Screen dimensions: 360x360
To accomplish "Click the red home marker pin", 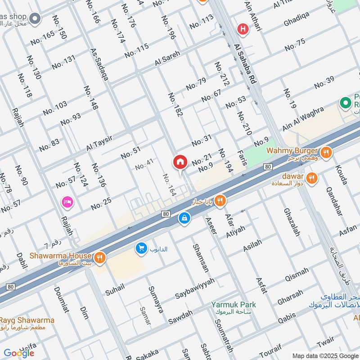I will tap(180, 162).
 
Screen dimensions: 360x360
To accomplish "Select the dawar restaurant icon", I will tap(312, 178).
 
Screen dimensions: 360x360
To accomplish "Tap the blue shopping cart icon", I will tap(141, 248).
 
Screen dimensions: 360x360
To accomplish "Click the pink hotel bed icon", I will tap(67, 202).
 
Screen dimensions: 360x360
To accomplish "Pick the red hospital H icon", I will tap(243, 29).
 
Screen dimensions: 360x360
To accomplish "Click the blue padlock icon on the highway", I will tap(184, 218).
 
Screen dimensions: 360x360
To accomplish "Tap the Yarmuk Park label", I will tap(234, 305).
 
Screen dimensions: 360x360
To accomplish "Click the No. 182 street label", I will tap(175, 105).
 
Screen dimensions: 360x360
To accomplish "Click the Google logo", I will tap(19, 353).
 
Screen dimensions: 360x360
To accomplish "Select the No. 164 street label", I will tap(169, 185).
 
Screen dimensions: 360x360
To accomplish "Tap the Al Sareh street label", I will tap(167, 59).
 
